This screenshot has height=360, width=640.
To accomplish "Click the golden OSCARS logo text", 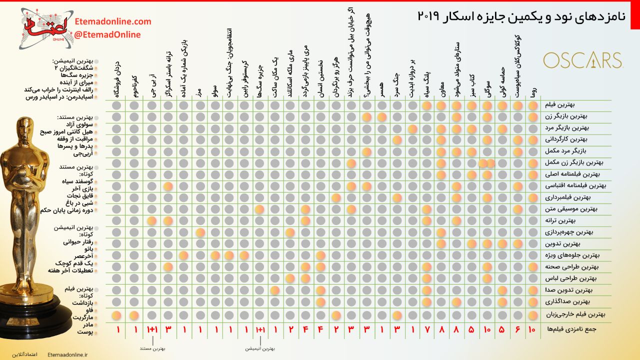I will tap(582, 60).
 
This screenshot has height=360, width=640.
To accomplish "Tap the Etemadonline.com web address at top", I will tap(112, 21).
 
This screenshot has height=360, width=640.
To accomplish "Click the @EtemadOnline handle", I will tap(107, 34).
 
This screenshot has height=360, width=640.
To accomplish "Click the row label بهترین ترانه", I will tap(576, 221).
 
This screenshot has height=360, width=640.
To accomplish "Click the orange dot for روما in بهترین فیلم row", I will tap(533, 105).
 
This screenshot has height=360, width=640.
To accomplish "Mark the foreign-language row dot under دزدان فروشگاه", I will tap(116, 314).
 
